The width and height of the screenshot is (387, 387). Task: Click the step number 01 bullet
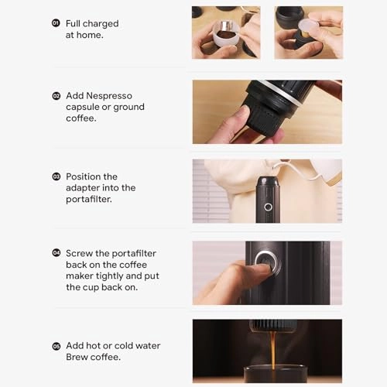pos(56,24)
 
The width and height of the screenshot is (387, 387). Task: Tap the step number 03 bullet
pos(56,177)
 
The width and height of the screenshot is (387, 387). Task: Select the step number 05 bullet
pos(56,346)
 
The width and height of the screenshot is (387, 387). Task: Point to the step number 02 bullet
pos(56,96)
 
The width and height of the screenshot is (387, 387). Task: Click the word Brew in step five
pos(78,357)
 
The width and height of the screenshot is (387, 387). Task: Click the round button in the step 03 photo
pos(268,207)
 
